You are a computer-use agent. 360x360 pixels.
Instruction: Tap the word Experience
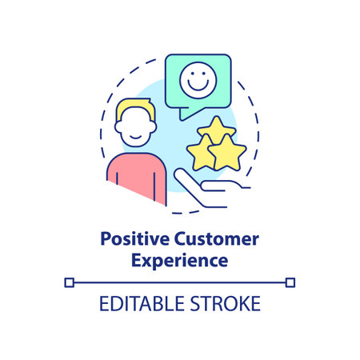click(x=180, y=260)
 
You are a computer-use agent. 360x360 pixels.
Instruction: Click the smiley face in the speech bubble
click(x=197, y=81)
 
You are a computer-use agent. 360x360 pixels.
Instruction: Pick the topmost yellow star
click(x=218, y=131)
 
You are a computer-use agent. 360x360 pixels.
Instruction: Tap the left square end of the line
click(x=69, y=282)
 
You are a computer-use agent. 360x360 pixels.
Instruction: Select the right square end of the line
click(x=290, y=282)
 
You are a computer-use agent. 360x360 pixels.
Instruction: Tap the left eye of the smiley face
click(x=190, y=77)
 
